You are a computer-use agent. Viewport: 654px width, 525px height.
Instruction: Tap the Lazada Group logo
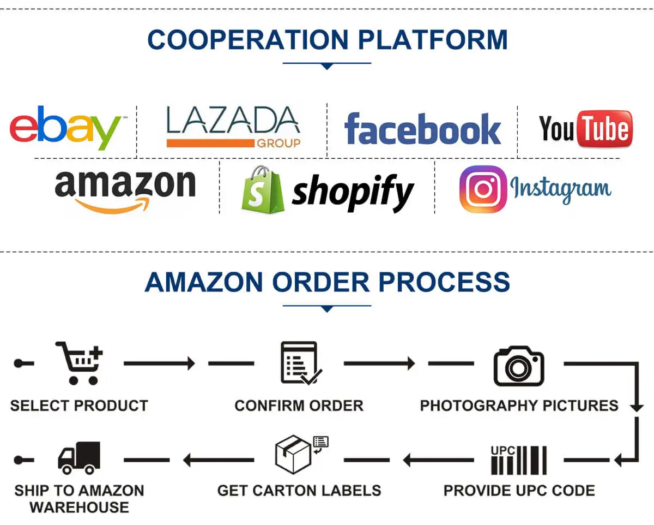tap(233, 127)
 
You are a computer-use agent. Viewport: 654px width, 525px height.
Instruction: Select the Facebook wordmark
tap(422, 129)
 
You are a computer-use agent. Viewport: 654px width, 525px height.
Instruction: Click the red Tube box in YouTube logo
tap(604, 129)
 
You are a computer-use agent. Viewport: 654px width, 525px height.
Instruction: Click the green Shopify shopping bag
tap(263, 189)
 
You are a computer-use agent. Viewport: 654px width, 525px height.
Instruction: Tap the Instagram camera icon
tap(483, 189)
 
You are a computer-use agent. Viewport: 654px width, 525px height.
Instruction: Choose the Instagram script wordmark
tap(561, 189)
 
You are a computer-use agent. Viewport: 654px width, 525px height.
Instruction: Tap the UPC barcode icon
tap(519, 460)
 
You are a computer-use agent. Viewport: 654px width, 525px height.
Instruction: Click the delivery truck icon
tap(80, 457)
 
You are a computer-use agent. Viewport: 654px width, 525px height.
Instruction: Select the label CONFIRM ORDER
tap(299, 405)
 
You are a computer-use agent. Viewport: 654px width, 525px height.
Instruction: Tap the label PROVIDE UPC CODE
tap(519, 490)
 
